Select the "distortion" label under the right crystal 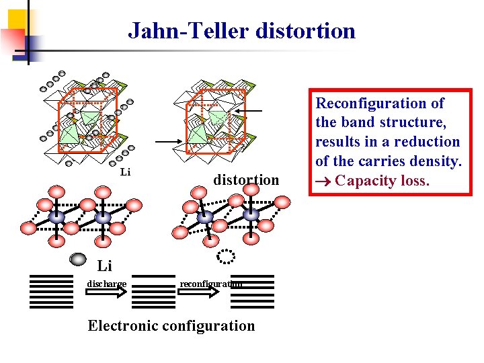point(245,179)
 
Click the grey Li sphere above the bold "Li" point(78,259)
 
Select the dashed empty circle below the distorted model point(227,256)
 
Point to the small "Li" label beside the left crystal point(125,173)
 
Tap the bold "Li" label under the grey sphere point(104,267)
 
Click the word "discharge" point(106,283)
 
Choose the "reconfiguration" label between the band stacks point(210,284)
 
